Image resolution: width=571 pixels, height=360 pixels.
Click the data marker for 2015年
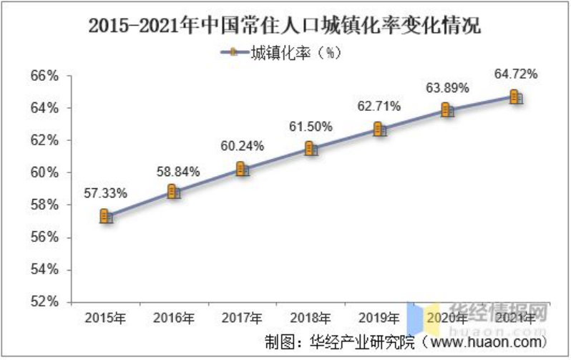tap(106, 216)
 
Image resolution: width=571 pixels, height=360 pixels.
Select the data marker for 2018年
tap(311, 148)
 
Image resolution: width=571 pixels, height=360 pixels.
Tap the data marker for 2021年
tap(515, 97)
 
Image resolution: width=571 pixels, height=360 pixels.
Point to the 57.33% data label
tap(106, 194)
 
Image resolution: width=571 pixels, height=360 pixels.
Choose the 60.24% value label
tap(242, 147)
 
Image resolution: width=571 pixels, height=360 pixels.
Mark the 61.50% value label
tap(311, 127)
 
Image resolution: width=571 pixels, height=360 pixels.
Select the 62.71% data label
tap(379, 107)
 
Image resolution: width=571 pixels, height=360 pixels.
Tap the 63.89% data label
tap(447, 88)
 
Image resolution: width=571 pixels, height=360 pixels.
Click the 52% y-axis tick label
tap(44, 301)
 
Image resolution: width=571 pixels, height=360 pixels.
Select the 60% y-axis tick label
tap(44, 172)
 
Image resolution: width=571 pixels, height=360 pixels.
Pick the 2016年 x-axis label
tap(174, 317)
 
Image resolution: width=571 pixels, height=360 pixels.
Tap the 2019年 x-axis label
tap(379, 317)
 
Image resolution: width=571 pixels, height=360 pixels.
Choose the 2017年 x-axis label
tap(242, 317)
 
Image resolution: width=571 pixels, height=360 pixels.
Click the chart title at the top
tap(285, 26)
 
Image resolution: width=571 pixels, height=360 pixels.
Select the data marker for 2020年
tap(447, 110)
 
